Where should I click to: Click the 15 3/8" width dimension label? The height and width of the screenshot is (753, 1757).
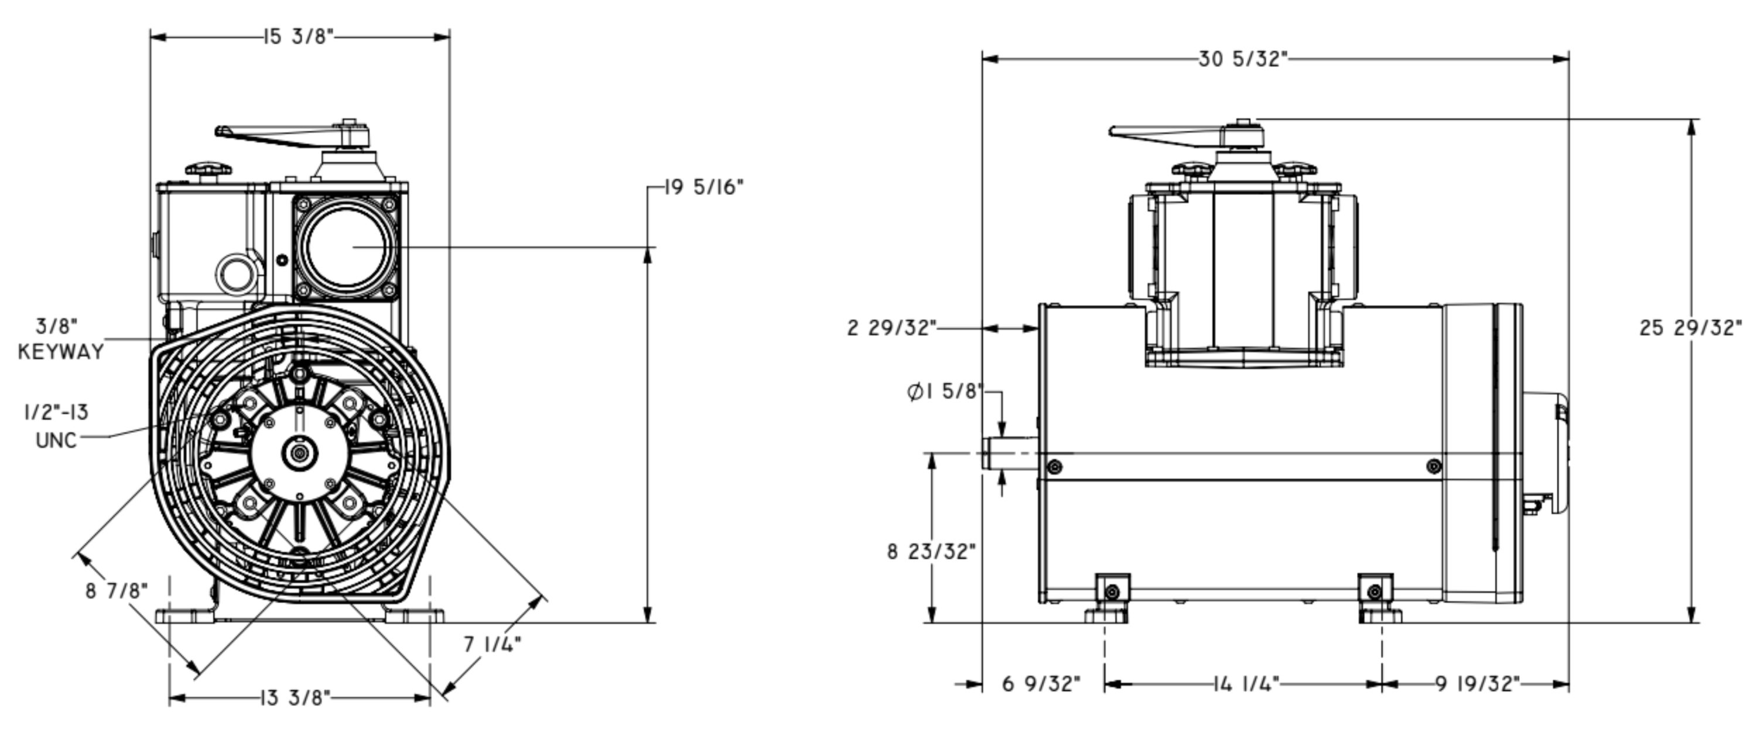tap(299, 36)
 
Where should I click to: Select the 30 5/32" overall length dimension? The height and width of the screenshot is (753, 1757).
tap(1243, 59)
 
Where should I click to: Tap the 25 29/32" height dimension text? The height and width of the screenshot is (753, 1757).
tap(1690, 328)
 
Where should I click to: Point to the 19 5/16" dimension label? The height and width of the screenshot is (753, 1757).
tap(704, 187)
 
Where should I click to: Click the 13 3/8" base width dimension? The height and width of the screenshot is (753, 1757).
tap(295, 698)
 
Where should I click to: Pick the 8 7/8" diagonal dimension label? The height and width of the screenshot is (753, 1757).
tap(117, 591)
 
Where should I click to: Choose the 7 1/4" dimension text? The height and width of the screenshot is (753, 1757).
tap(493, 644)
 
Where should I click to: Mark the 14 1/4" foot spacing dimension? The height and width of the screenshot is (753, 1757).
tap(1246, 683)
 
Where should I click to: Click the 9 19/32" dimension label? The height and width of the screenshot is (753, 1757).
tap(1478, 683)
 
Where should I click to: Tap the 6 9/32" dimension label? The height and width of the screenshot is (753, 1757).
tap(1041, 683)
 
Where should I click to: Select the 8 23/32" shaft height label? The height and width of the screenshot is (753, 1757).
tap(932, 551)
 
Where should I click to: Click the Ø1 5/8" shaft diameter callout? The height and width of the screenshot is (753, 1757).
tap(945, 392)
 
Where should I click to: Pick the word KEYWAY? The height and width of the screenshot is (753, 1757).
tap(61, 352)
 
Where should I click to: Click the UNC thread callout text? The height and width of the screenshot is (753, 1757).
tap(57, 440)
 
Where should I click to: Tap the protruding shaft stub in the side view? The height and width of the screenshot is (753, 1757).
tap(1010, 453)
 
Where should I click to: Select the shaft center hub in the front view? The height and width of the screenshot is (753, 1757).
tap(299, 453)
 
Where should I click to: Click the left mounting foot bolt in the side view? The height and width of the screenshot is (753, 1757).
tap(1112, 591)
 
